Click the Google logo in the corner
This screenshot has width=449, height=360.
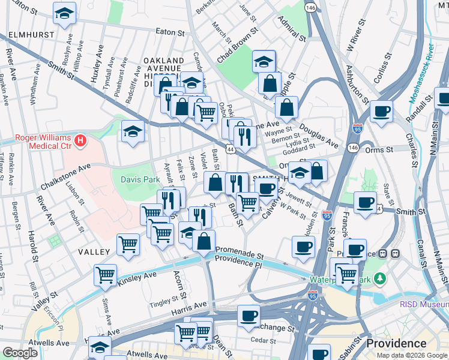pyautogui.click(x=20, y=353)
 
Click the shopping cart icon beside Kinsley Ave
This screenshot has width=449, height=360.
pyautogui.click(x=106, y=275)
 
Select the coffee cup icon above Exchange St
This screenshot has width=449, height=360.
pyautogui.click(x=249, y=315)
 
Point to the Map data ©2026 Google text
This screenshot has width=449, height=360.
pyautogui.click(x=411, y=355)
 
